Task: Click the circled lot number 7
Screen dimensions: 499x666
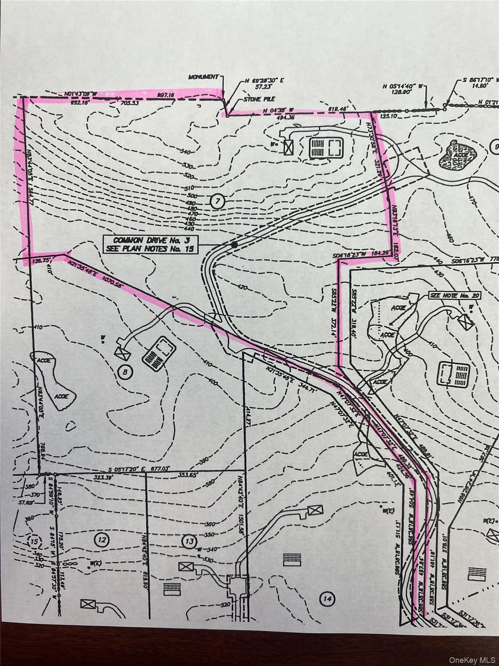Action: click(218, 201)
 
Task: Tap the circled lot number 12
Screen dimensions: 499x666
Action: click(102, 540)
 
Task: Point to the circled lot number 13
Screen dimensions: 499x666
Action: click(189, 542)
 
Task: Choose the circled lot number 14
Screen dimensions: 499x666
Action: click(327, 600)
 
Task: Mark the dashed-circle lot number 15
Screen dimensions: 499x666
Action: click(34, 542)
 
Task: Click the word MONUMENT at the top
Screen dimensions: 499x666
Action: click(204, 77)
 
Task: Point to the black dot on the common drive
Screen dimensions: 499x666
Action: click(234, 245)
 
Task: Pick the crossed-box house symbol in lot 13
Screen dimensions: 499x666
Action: click(186, 566)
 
